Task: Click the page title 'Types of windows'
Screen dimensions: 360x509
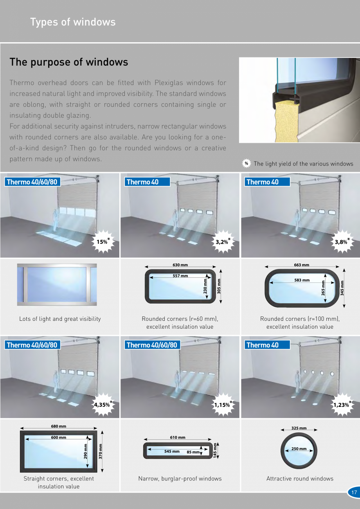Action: pyautogui.click(x=73, y=22)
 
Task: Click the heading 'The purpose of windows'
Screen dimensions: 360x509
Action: pyautogui.click(x=69, y=62)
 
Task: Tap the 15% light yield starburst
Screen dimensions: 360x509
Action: pyautogui.click(x=103, y=241)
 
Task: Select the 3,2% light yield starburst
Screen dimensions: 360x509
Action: pyautogui.click(x=223, y=241)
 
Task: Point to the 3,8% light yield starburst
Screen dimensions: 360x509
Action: pyautogui.click(x=342, y=241)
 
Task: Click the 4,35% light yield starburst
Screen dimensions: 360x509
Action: pyautogui.click(x=103, y=404)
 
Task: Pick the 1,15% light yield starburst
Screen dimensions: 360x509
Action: pyautogui.click(x=223, y=404)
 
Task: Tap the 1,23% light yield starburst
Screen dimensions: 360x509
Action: pyautogui.click(x=342, y=404)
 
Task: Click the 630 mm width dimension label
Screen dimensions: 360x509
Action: pyautogui.click(x=180, y=265)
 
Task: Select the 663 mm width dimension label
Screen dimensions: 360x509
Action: pyautogui.click(x=301, y=265)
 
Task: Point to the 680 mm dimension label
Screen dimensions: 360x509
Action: pyautogui.click(x=59, y=426)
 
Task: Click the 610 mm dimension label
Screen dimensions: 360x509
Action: pyautogui.click(x=178, y=437)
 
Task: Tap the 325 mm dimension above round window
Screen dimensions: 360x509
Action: pyautogui.click(x=299, y=428)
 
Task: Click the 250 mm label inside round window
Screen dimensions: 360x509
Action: pyautogui.click(x=299, y=449)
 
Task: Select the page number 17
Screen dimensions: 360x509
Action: pyautogui.click(x=354, y=492)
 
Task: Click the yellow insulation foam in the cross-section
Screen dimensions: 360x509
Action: pyautogui.click(x=286, y=123)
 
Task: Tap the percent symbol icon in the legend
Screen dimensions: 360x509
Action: pyautogui.click(x=247, y=164)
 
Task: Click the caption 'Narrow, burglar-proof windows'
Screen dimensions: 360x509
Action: pyautogui.click(x=180, y=478)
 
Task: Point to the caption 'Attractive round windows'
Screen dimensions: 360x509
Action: pyautogui.click(x=300, y=478)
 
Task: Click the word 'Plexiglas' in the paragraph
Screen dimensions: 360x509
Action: pyautogui.click(x=169, y=83)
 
